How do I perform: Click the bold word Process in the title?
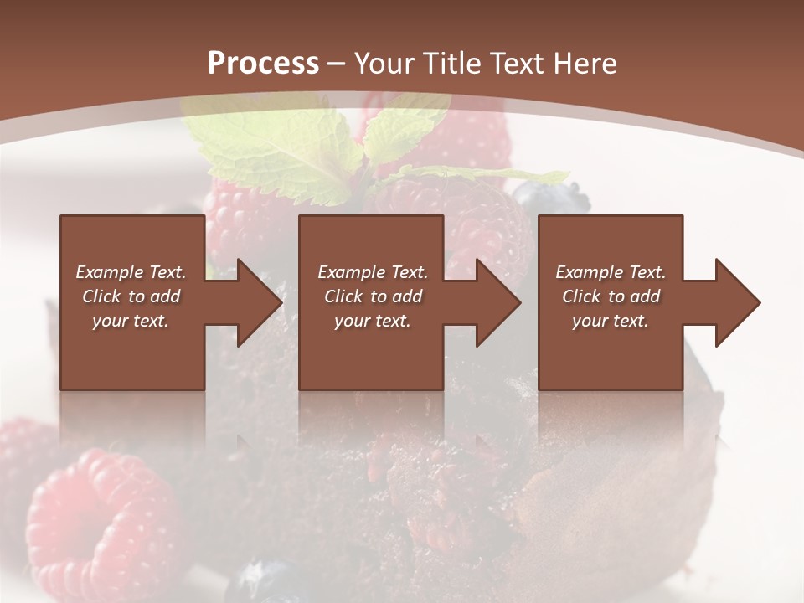pos(263,64)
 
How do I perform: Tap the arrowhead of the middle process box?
pos(497,302)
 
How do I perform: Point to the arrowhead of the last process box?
pos(736,302)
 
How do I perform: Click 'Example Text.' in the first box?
pos(131,272)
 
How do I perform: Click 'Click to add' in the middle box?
pos(373,296)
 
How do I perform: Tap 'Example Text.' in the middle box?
pos(373,272)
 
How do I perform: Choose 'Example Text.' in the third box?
pos(611,272)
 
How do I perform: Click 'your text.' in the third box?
pos(610,321)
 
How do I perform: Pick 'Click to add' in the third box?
pos(611,296)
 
